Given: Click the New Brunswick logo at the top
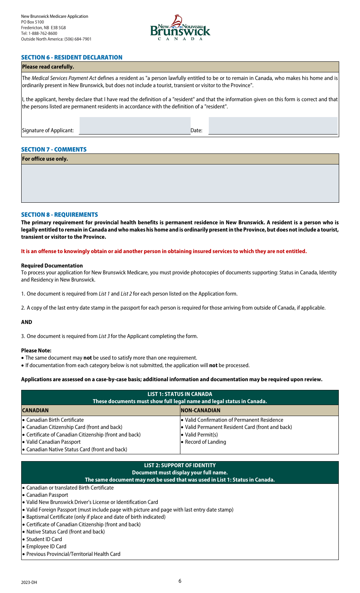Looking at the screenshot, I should point(180,28).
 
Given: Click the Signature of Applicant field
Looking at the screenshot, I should point(135,126).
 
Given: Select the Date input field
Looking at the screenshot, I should point(273,126).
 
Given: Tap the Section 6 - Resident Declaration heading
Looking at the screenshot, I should point(72,57).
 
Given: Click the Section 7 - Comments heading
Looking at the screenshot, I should point(54,149).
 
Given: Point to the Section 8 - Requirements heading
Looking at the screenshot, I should point(59,214).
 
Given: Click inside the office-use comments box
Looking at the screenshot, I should point(180,183).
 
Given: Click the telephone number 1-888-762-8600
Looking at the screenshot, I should point(43,33).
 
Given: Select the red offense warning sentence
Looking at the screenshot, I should point(164,251).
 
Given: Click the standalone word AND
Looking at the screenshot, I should point(27,322).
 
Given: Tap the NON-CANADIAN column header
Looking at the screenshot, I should point(200,410).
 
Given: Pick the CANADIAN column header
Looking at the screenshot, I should point(35,410).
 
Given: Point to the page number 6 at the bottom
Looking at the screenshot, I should point(180,581).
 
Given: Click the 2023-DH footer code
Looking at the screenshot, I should point(29,582).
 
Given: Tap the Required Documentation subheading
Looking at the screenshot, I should point(52,266).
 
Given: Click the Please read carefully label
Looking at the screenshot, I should point(48,67).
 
